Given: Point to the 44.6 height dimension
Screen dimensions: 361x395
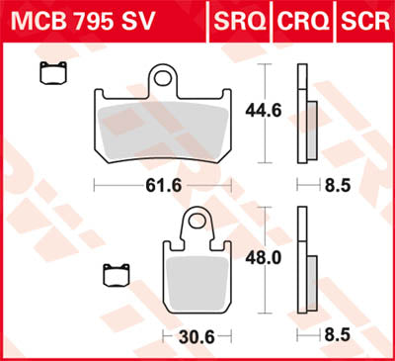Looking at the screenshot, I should (293, 112).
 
